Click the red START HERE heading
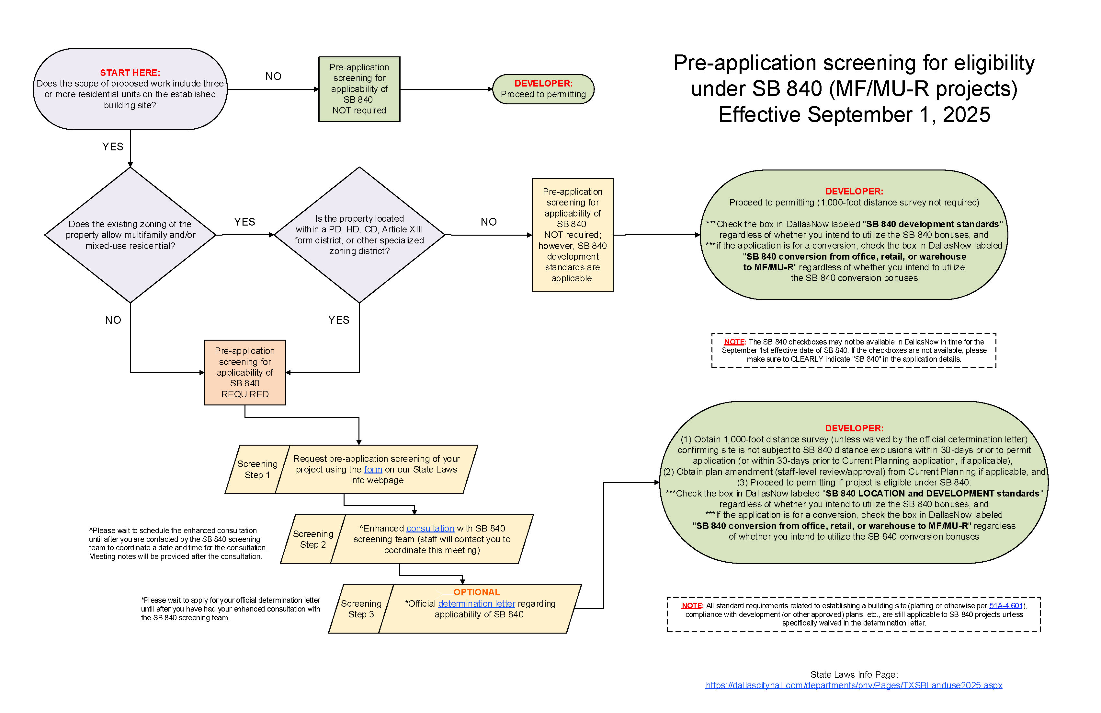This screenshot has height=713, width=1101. (130, 73)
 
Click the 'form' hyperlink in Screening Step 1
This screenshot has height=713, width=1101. (373, 470)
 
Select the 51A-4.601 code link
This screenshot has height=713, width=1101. (1006, 606)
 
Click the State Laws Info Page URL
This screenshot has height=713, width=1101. (854, 685)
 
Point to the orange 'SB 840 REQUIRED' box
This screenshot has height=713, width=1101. (245, 373)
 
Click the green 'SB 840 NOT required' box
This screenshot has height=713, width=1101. (359, 89)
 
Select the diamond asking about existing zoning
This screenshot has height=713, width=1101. (130, 235)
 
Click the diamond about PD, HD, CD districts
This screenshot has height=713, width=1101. (359, 235)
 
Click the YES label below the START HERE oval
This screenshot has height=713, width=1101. (113, 147)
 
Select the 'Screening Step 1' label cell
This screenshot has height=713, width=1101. (257, 470)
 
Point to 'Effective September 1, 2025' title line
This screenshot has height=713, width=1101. (854, 115)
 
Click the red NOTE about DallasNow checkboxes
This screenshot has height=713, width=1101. (734, 342)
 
